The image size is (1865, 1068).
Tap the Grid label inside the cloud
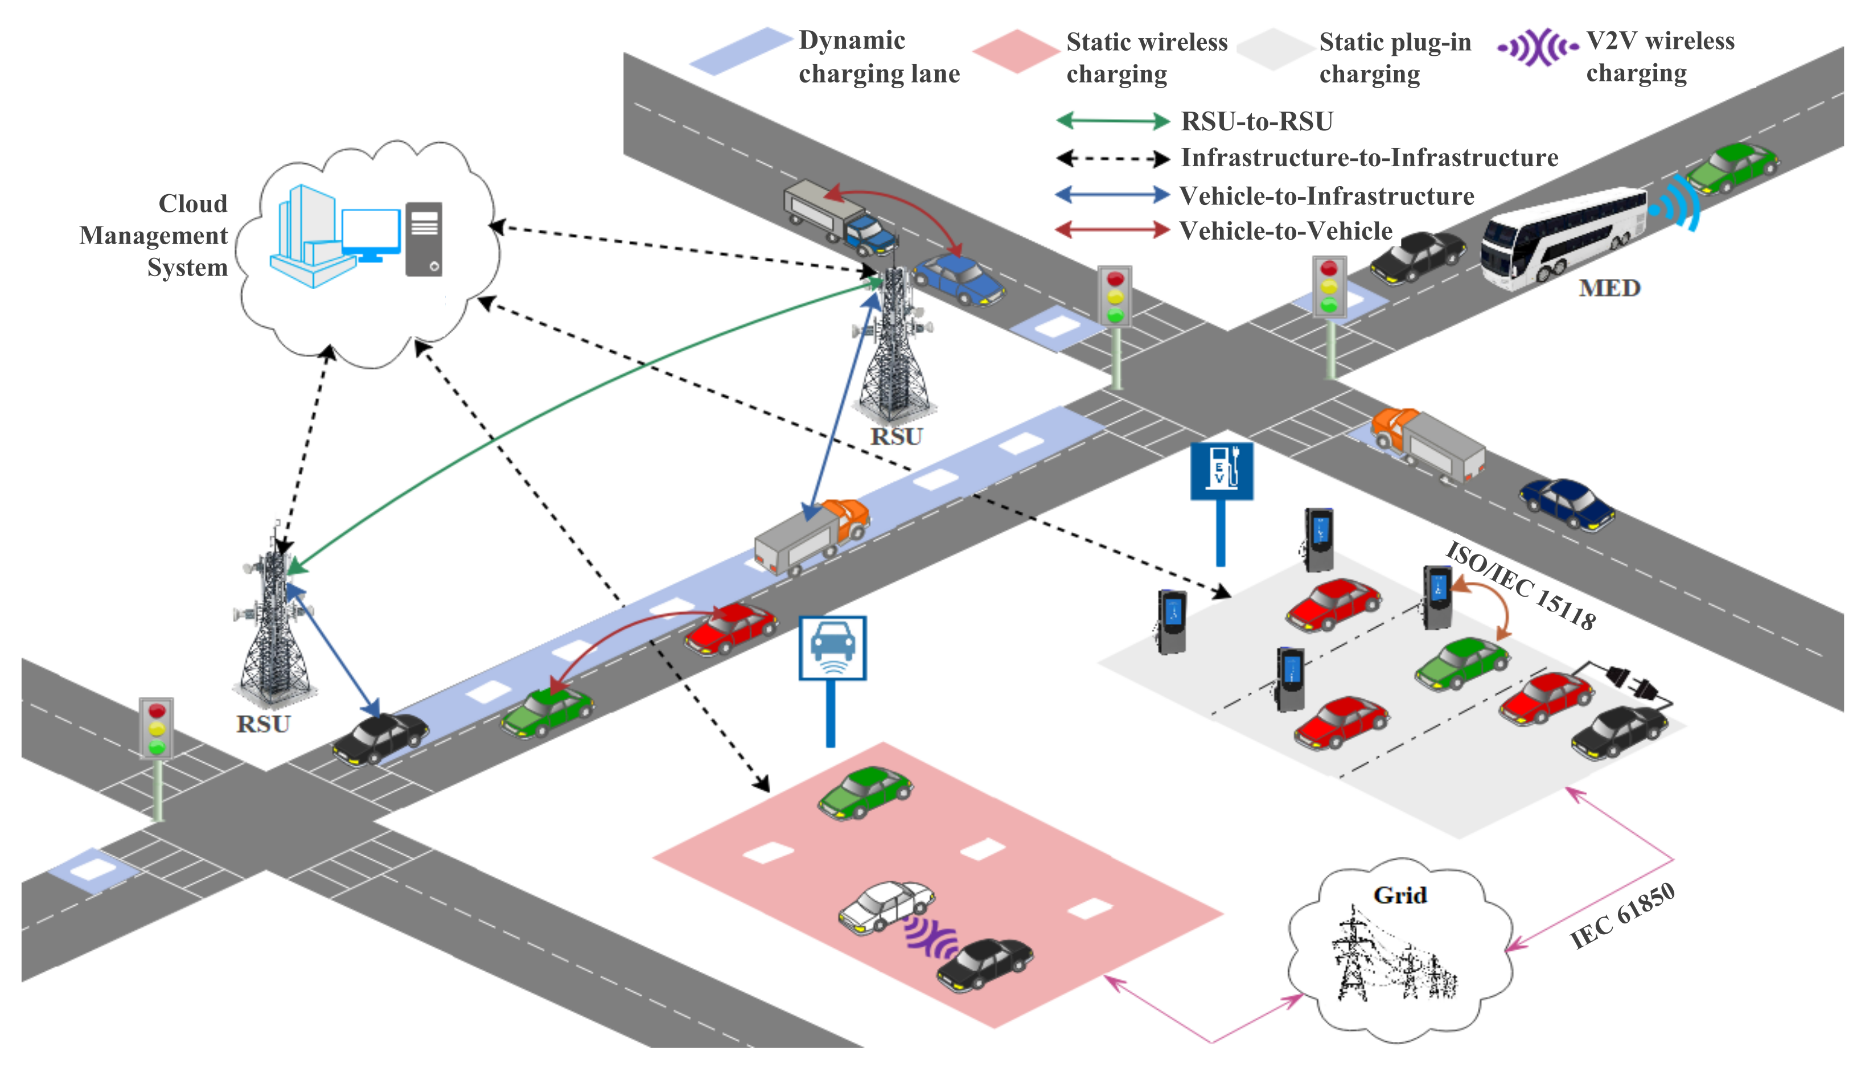(x=1399, y=896)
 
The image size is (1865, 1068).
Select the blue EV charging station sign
(x=1221, y=471)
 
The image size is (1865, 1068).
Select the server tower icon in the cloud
(x=424, y=239)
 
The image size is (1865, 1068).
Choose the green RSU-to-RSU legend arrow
(x=1112, y=121)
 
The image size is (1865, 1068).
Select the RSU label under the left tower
(x=262, y=725)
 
